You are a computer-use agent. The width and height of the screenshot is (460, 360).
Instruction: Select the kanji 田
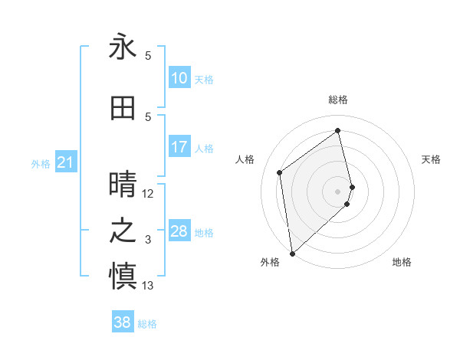click(x=123, y=108)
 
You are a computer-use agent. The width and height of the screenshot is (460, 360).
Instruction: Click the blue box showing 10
click(x=179, y=78)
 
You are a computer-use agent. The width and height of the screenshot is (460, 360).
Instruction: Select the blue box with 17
click(x=179, y=147)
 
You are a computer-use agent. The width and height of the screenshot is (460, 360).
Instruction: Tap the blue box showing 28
click(x=179, y=231)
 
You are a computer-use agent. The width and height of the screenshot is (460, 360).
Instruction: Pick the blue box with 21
click(x=66, y=162)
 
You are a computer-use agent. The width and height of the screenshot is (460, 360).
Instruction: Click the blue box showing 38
click(x=123, y=322)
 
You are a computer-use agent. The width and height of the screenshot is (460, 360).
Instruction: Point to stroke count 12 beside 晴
click(x=148, y=194)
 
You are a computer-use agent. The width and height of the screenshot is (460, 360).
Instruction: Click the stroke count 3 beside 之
click(x=148, y=240)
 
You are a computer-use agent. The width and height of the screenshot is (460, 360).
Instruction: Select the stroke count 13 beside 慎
click(x=148, y=286)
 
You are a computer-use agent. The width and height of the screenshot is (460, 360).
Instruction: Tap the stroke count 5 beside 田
click(x=148, y=117)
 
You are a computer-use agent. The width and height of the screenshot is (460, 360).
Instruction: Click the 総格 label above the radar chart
click(x=338, y=100)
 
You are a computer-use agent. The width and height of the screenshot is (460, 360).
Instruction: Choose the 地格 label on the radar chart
click(x=402, y=262)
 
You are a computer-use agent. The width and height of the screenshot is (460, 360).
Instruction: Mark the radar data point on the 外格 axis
click(x=292, y=253)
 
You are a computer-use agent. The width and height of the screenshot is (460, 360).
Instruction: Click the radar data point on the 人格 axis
click(x=280, y=172)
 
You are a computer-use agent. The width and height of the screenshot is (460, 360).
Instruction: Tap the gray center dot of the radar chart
click(x=338, y=191)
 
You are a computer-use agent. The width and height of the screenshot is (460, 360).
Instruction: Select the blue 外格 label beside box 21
click(x=41, y=163)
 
